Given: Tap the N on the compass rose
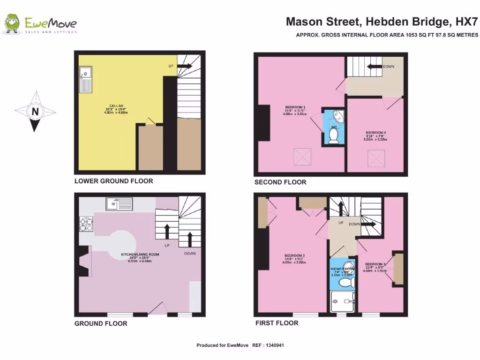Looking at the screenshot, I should pyautogui.click(x=35, y=112).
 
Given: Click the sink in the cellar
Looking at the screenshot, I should pyautogui.click(x=86, y=79).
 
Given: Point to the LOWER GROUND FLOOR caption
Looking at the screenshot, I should pyautogui.click(x=113, y=181).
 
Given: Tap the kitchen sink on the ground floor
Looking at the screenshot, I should pyautogui.click(x=119, y=204).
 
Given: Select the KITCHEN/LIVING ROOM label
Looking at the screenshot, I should pyautogui.click(x=140, y=255).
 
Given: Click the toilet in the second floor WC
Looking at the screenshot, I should pyautogui.click(x=334, y=135).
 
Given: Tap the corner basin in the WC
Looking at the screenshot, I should pyautogui.click(x=337, y=116).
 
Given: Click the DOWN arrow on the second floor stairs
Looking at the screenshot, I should pyautogui.click(x=375, y=67).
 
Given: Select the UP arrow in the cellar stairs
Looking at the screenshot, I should pyautogui.click(x=185, y=66).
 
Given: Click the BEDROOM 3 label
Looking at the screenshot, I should pyautogui.click(x=375, y=263).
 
